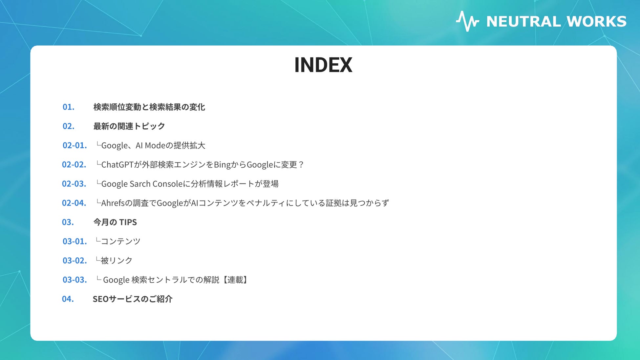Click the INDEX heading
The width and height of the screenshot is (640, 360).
pos(323,65)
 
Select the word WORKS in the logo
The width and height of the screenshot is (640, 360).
pos(596,22)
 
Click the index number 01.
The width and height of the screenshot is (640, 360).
pos(68,107)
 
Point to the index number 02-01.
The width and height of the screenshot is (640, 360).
pos(75,145)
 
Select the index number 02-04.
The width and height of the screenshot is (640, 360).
pos(74,203)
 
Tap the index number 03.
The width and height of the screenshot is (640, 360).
pos(68,222)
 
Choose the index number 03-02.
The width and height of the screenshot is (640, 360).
pos(75,261)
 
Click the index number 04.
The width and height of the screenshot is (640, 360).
pos(68,299)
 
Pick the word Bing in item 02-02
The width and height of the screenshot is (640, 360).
pos(222,165)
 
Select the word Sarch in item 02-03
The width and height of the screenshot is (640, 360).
pos(140,184)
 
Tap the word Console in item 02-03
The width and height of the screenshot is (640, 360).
pos(167,184)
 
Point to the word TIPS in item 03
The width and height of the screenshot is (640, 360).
pos(128,222)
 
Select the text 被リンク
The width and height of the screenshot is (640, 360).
pos(117,261)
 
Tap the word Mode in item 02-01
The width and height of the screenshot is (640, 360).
pos(155,145)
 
